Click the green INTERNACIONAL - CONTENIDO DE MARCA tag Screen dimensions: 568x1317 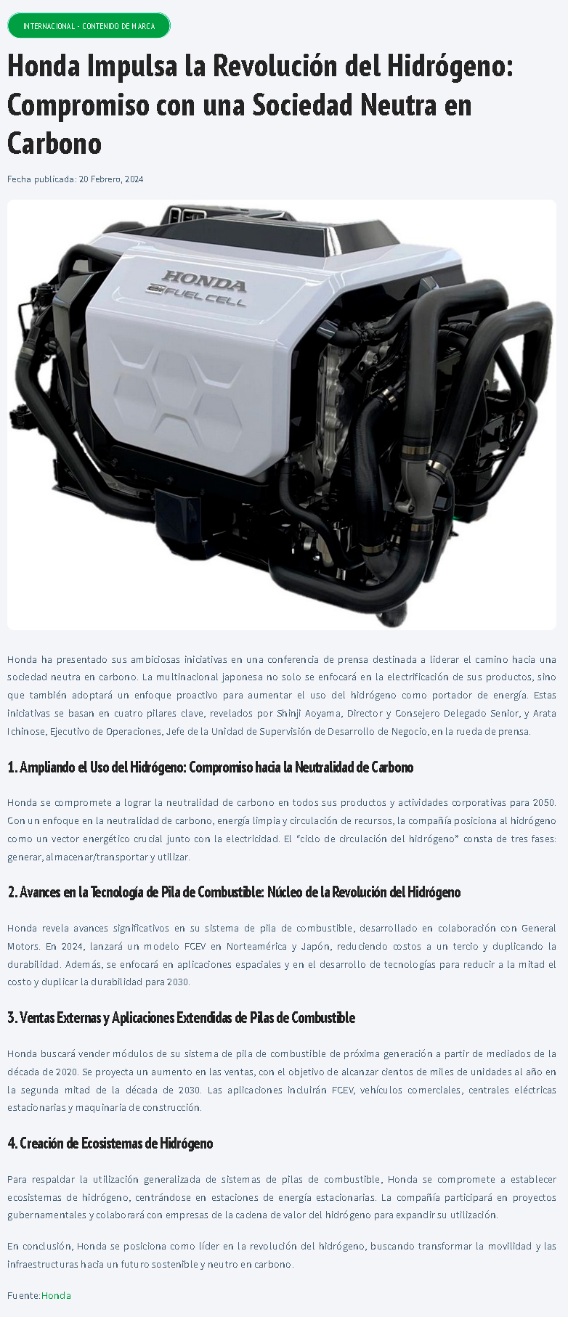click(89, 25)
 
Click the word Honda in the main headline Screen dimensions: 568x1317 click(44, 67)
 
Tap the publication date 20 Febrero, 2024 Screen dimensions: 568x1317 click(111, 179)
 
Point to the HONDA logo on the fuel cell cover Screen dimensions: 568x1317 click(203, 279)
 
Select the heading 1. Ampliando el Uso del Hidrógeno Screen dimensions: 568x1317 click(211, 767)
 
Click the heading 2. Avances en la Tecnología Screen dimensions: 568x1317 click(234, 892)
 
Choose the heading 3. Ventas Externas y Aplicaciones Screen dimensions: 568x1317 click(182, 1018)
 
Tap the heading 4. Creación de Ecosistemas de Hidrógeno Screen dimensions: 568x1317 click(110, 1143)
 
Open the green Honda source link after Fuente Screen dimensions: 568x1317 click(56, 1295)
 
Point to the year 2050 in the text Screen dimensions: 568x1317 click(544, 802)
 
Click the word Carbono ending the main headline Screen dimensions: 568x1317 click(54, 143)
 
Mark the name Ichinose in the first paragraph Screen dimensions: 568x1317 click(25, 731)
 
